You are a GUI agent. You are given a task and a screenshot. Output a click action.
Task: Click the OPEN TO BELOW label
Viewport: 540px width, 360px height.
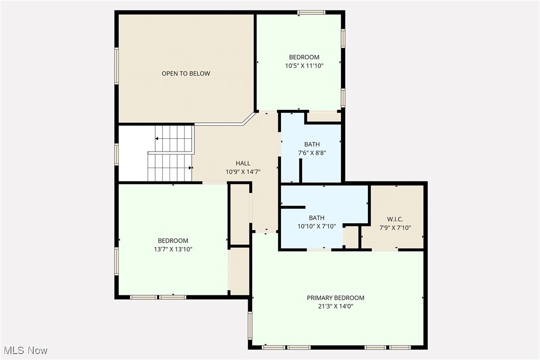click(x=185, y=74)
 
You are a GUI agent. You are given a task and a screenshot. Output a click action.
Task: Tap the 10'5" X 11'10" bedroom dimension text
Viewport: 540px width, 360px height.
click(x=304, y=66)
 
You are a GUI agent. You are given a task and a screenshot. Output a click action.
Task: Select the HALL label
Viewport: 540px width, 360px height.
click(x=243, y=163)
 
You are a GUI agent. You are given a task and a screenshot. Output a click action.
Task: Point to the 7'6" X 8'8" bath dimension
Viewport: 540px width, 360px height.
click(x=312, y=153)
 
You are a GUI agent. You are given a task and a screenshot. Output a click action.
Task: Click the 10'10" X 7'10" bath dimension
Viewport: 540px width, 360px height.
click(x=317, y=226)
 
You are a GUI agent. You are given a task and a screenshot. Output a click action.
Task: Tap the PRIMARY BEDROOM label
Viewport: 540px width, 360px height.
click(x=335, y=298)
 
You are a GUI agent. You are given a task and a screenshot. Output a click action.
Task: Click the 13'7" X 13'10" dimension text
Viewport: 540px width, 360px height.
click(x=173, y=249)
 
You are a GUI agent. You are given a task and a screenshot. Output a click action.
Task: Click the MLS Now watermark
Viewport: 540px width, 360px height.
click(x=24, y=351)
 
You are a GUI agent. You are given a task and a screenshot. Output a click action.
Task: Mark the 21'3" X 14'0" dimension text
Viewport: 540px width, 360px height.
click(x=335, y=306)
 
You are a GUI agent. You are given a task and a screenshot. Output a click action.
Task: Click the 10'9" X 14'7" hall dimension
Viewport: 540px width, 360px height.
click(x=243, y=172)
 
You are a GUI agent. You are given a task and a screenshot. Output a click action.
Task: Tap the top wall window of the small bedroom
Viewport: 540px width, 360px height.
click(x=311, y=12)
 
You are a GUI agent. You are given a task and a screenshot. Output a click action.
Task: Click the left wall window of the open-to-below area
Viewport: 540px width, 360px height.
click(x=117, y=65)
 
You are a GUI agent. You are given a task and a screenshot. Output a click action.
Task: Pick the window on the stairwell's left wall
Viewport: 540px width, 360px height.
click(x=117, y=154)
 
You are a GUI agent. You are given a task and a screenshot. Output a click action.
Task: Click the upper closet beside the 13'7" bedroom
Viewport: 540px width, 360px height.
click(x=239, y=214)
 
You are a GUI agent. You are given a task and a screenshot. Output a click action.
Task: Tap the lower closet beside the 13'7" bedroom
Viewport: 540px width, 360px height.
click(x=239, y=271)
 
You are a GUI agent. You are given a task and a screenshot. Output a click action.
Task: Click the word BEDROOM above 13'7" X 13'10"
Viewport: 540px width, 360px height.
click(x=173, y=241)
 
